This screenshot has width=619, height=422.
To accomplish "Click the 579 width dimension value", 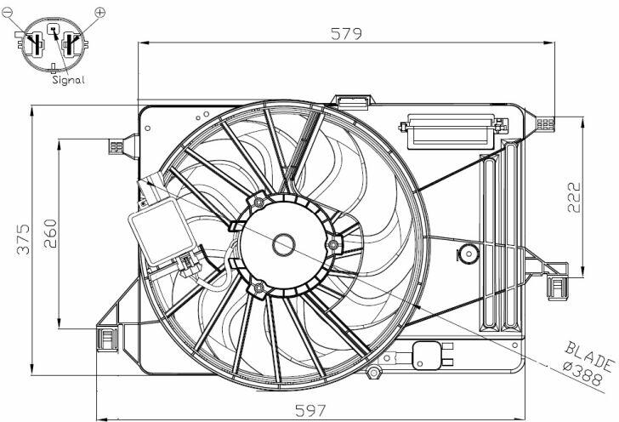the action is click(346, 33).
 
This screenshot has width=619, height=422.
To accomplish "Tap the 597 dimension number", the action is click(310, 411).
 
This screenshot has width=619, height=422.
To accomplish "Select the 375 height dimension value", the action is click(24, 239).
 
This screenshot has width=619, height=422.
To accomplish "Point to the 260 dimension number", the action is click(50, 233).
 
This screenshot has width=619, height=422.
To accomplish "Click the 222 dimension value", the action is click(575, 197).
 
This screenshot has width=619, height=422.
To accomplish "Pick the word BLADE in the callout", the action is click(589, 356).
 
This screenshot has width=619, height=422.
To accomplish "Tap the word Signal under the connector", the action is click(68, 80).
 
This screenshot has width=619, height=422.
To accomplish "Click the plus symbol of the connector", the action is click(100, 12).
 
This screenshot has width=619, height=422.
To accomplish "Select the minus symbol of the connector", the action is click(7, 13).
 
